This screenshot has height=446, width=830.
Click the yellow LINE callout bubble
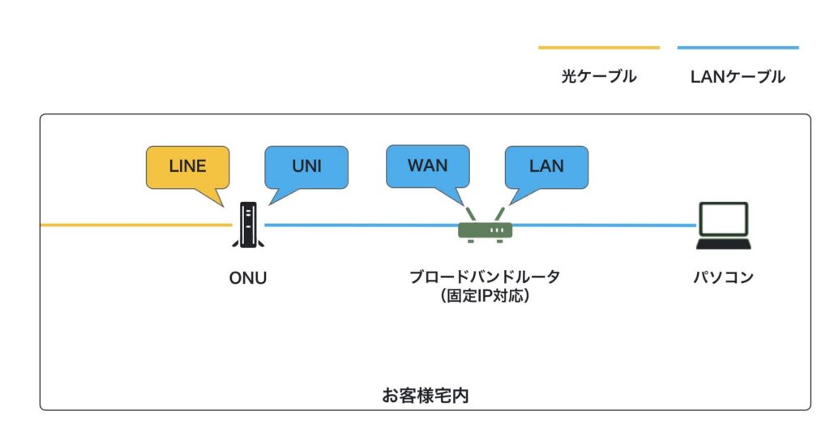pos(187,167)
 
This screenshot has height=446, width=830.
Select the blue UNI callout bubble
pos(306,166)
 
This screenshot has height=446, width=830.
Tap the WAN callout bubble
pos(427,165)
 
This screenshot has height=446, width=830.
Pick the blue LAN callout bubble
pos(546,166)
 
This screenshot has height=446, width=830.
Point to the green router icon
pos(485,229)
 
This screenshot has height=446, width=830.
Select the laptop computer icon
pos(723,226)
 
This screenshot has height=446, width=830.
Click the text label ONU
pos(247,278)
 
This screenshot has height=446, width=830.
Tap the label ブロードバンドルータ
pos(485,277)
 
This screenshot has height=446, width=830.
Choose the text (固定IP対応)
pos(485,296)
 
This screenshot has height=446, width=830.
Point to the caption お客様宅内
pos(426,396)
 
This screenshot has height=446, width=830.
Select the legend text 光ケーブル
pos(598,77)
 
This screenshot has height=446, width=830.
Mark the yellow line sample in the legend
pos(598,48)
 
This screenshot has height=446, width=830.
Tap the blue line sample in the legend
pos(738,48)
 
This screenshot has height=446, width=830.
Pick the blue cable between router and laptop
pos(604,225)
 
